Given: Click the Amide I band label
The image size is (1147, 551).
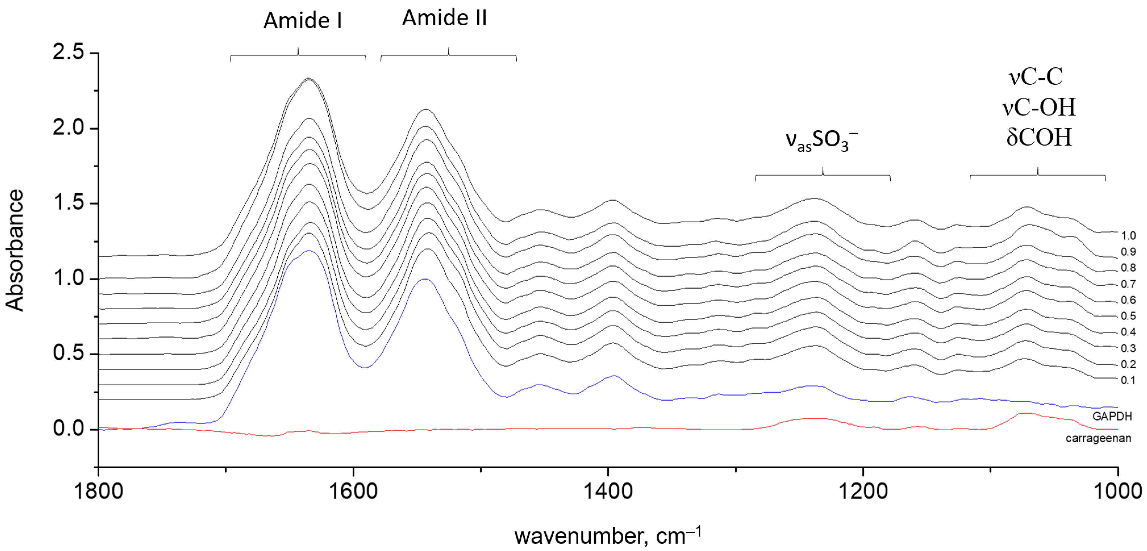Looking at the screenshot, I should (302, 20).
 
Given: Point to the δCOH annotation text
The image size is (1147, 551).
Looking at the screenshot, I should (1039, 137).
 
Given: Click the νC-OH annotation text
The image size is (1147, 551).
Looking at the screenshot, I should (1039, 107).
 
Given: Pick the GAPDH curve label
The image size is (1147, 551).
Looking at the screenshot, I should (1111, 416).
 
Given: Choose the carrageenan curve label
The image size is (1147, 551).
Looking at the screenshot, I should (1098, 438).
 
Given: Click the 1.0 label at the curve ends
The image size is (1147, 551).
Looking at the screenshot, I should (1128, 236).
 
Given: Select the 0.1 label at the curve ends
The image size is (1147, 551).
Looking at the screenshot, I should (1128, 380).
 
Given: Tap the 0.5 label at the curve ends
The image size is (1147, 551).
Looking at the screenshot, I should (1128, 316).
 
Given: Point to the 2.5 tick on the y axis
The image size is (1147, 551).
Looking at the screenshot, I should (68, 52).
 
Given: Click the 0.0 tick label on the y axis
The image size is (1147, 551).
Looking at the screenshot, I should (68, 429).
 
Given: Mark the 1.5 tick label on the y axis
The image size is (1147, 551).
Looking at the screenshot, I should (68, 203).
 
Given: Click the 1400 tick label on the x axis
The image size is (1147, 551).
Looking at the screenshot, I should (608, 491).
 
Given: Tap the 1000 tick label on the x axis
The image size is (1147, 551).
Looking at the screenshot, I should (1118, 491).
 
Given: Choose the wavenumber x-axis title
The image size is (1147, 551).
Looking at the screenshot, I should (608, 536).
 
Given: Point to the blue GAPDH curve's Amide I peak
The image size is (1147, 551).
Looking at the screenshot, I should (308, 250).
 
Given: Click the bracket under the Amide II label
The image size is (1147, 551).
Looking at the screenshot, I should (448, 55).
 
